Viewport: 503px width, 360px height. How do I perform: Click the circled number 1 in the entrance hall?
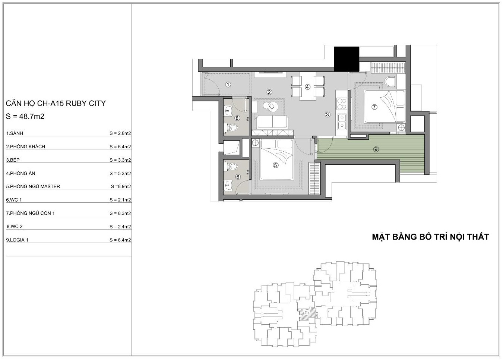tap(228, 85)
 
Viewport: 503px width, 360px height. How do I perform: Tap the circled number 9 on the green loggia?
tap(376, 149)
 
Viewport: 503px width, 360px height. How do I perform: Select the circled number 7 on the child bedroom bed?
tap(374, 107)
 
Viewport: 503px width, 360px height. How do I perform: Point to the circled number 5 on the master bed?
tap(275, 165)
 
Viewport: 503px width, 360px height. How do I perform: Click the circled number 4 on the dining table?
tap(307, 87)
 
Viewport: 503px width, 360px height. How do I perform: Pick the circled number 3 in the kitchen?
tap(328, 114)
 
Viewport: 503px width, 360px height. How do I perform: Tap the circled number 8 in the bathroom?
tap(237, 118)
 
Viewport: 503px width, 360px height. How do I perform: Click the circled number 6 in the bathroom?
tap(238, 177)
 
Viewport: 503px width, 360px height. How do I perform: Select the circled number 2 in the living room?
tap(269, 92)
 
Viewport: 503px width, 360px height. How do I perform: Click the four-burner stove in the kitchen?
tap(342, 104)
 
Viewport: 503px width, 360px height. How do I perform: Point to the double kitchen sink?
tap(342, 122)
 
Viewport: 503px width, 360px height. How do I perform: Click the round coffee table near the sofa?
tap(272, 107)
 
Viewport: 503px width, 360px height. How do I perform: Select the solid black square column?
tap(347, 59)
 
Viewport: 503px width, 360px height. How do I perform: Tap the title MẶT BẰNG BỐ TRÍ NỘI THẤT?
tap(430, 237)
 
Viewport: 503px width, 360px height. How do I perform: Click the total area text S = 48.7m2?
tap(25, 116)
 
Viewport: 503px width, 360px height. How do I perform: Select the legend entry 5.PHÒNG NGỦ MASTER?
tap(33, 187)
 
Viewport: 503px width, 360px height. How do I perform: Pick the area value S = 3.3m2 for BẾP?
tap(120, 160)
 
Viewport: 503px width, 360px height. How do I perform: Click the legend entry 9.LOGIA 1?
tap(17, 240)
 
